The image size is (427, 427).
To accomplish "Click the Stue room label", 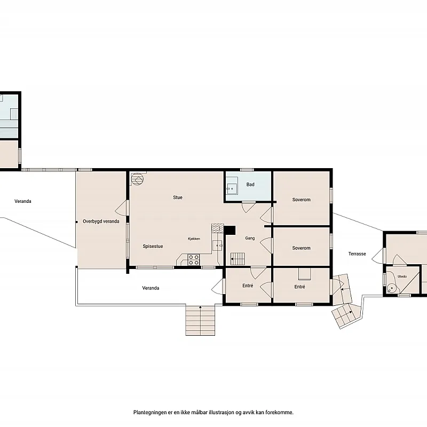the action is click(x=178, y=197).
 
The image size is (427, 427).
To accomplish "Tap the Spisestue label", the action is click(x=153, y=247).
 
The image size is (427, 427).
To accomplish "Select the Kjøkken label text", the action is click(x=194, y=239).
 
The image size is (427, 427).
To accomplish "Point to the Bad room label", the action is click(x=250, y=185).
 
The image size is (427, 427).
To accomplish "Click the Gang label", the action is click(x=250, y=238).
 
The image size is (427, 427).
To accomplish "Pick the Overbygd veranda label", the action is click(x=101, y=222).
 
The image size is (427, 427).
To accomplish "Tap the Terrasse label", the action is click(x=357, y=254).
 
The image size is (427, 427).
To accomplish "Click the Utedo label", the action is click(x=402, y=276).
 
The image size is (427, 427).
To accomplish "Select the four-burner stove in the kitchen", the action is click(x=194, y=259).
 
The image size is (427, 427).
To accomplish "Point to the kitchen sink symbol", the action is click(x=218, y=246).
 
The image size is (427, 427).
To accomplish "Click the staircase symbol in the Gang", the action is click(x=238, y=259).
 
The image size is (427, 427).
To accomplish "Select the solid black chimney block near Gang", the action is click(x=230, y=230).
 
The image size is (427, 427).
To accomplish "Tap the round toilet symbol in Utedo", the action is click(x=392, y=288).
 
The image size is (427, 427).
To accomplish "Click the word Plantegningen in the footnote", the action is click(x=150, y=413).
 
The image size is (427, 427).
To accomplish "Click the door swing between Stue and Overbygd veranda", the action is click(x=121, y=208).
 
